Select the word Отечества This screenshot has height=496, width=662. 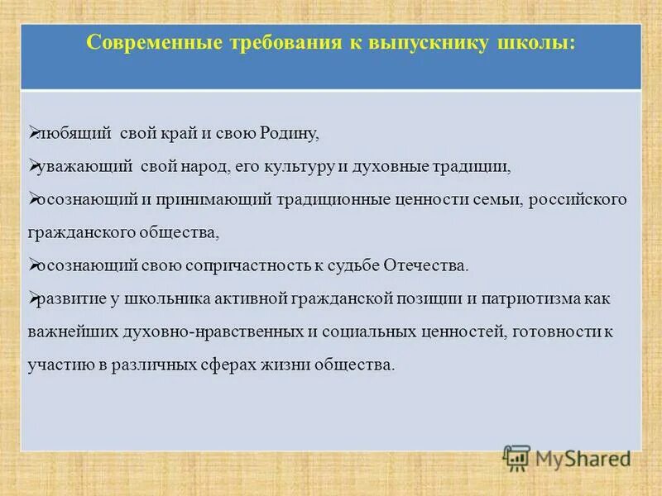pyautogui.click(x=426, y=265)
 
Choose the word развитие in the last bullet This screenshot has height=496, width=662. pyautogui.click(x=69, y=298)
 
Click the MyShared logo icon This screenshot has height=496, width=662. pyautogui.click(x=517, y=456)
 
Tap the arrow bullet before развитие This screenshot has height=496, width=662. pyautogui.click(x=34, y=298)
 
